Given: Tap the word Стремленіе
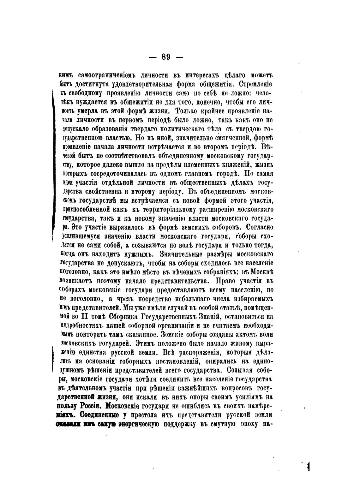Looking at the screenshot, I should [x=255, y=85].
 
